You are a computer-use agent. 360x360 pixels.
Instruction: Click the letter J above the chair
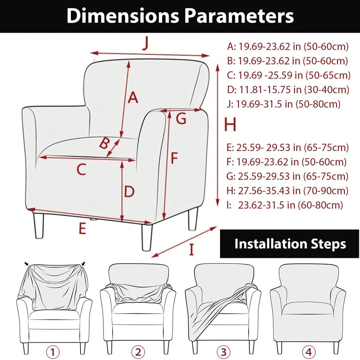[x=145, y=44]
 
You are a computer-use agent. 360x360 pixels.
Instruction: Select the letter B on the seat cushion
[x=104, y=144]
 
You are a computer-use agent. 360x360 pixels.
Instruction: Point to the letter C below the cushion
[x=82, y=169]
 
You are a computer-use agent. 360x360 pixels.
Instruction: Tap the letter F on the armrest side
[x=174, y=158]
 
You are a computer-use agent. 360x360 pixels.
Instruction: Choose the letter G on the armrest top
[x=181, y=118]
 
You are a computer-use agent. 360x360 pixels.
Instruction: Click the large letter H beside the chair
[x=230, y=125]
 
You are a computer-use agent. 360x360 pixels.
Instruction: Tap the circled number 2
[x=139, y=351]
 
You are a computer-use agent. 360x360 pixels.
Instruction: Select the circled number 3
[x=223, y=351]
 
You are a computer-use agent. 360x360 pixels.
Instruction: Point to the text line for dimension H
[x=288, y=190]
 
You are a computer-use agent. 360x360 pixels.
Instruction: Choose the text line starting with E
[x=288, y=147]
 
